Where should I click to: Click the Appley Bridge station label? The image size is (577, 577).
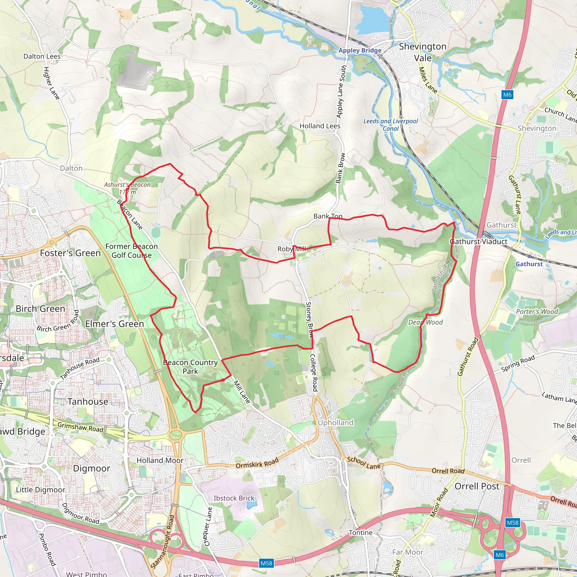click(x=360, y=50)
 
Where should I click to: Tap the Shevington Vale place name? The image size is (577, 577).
click(x=423, y=52)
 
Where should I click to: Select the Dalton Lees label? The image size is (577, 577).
click(x=42, y=56)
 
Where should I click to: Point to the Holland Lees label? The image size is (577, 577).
click(x=320, y=126)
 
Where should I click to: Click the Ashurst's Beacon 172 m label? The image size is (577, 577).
click(x=127, y=188)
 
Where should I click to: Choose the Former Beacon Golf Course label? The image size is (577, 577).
click(x=131, y=251)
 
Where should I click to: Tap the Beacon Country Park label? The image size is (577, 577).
click(x=190, y=367)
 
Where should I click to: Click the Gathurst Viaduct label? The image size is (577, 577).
click(x=479, y=242)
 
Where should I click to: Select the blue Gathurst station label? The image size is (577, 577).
click(x=529, y=264)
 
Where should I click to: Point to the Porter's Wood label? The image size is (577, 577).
click(x=537, y=312)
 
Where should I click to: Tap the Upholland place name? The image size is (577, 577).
click(x=335, y=423)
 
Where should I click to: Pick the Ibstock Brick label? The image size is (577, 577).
click(x=234, y=498)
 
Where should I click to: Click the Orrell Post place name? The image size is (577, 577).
click(x=477, y=486)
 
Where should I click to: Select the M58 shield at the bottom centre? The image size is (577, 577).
click(x=267, y=563)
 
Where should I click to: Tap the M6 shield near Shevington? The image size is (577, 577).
click(x=507, y=95)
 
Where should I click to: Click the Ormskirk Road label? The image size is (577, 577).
click(x=257, y=463)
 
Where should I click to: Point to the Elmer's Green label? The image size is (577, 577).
click(x=114, y=324)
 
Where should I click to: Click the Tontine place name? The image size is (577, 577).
click(x=361, y=532)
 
